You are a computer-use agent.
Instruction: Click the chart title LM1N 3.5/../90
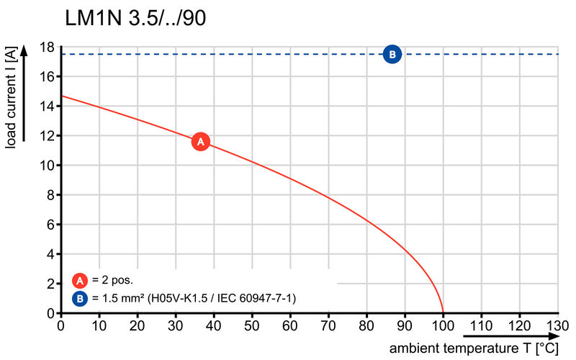135,19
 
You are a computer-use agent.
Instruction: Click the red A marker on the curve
201,142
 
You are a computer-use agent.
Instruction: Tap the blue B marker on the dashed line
392,54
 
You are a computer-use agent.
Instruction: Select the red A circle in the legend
80,281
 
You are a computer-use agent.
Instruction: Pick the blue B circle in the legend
80,297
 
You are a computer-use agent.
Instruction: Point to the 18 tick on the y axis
48,47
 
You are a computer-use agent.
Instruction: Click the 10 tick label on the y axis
48,166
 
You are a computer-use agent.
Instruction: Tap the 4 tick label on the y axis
50,254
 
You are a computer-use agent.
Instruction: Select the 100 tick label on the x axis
443,325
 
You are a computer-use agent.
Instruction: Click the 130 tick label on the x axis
558,325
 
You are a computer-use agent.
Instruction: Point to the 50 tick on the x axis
252,325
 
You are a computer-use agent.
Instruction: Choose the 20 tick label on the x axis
137,325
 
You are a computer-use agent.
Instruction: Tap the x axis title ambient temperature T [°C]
474,348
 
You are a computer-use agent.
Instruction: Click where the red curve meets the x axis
443,313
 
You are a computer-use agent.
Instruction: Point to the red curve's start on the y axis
60,96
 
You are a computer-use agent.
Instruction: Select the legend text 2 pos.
113,281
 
